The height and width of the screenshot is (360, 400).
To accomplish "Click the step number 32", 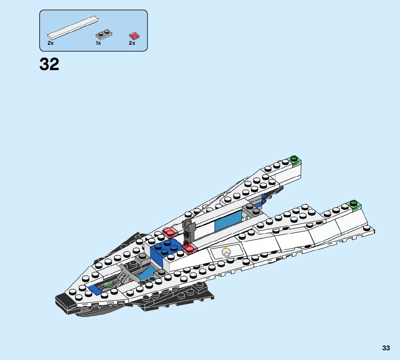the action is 49,65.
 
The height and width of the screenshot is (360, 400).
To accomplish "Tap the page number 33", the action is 386,348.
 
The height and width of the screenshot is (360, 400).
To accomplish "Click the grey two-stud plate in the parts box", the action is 104,34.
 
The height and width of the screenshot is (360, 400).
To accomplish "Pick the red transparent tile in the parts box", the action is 134,35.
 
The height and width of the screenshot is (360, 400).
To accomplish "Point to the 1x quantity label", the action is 98,43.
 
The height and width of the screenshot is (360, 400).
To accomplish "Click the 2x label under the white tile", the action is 50,43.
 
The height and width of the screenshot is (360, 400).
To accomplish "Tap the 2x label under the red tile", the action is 132,43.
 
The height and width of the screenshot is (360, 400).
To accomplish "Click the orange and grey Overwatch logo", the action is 227,252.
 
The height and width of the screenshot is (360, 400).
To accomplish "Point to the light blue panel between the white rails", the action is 228,221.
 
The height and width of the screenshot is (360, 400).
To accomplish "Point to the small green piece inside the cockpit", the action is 108,284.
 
